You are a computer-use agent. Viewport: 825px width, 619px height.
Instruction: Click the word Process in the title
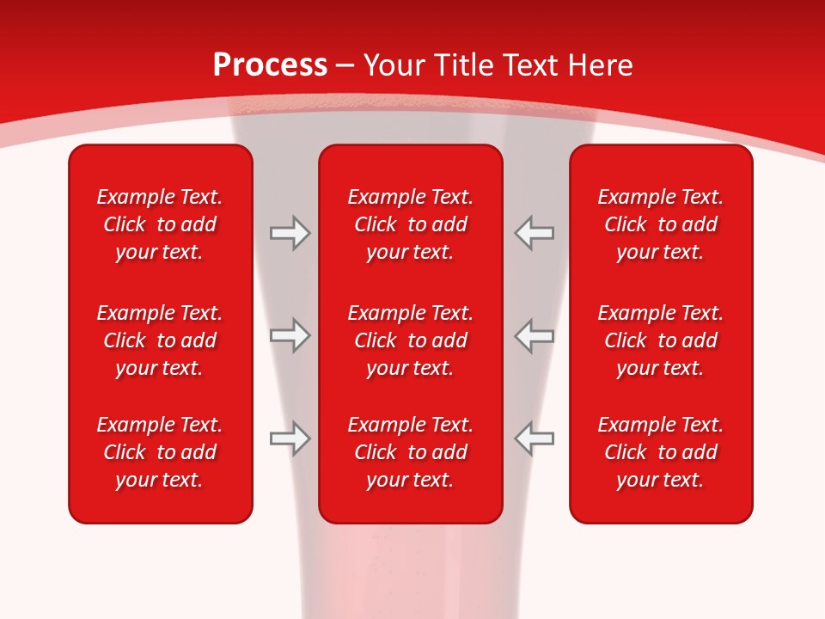click(270, 65)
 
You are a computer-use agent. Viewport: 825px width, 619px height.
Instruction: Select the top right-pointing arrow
click(290, 233)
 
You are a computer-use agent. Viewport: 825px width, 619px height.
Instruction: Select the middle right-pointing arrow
click(290, 335)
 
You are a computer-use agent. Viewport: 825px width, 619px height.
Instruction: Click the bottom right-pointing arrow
click(290, 438)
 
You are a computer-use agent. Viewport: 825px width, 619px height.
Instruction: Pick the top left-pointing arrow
click(535, 233)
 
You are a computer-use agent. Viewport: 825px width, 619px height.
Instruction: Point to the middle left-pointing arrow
click(535, 335)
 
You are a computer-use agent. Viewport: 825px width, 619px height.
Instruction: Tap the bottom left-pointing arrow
click(535, 438)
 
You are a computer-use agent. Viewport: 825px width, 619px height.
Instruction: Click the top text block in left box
click(160, 224)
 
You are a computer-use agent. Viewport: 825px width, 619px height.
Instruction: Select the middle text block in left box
click(160, 340)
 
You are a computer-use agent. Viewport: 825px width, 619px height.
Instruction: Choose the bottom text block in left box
click(160, 452)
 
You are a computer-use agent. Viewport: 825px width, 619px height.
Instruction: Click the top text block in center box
click(410, 224)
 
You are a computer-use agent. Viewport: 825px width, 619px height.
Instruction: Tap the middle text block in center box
click(410, 340)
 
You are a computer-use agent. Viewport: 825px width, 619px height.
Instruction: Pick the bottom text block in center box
click(410, 452)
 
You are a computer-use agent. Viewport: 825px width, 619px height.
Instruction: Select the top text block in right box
click(660, 224)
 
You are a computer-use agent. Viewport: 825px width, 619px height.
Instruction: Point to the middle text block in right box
click(660, 340)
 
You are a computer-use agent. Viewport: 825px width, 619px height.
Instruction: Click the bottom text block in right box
click(660, 452)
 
